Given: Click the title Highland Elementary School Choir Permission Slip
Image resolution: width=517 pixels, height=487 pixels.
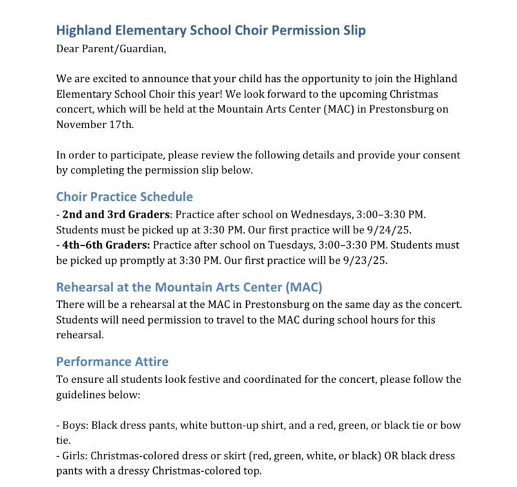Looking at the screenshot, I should (x=211, y=31).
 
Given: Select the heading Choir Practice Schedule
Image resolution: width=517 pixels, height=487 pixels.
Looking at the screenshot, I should (x=125, y=197).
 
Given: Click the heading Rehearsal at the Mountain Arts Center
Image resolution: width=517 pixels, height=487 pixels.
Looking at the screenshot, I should (x=189, y=287).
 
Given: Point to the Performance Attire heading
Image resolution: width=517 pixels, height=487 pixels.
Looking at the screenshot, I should (x=112, y=362).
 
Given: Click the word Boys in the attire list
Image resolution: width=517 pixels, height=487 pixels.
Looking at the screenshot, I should (x=75, y=425).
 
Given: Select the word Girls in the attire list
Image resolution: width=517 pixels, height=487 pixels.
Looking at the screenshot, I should (x=74, y=455).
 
